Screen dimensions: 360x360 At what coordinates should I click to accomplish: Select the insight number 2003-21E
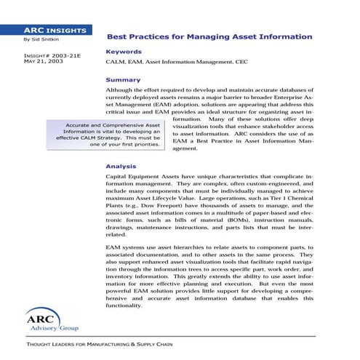pos(57,55)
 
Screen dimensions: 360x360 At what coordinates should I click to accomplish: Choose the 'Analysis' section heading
pos(121,166)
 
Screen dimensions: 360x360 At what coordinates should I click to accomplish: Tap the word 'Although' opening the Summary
pos(120,89)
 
